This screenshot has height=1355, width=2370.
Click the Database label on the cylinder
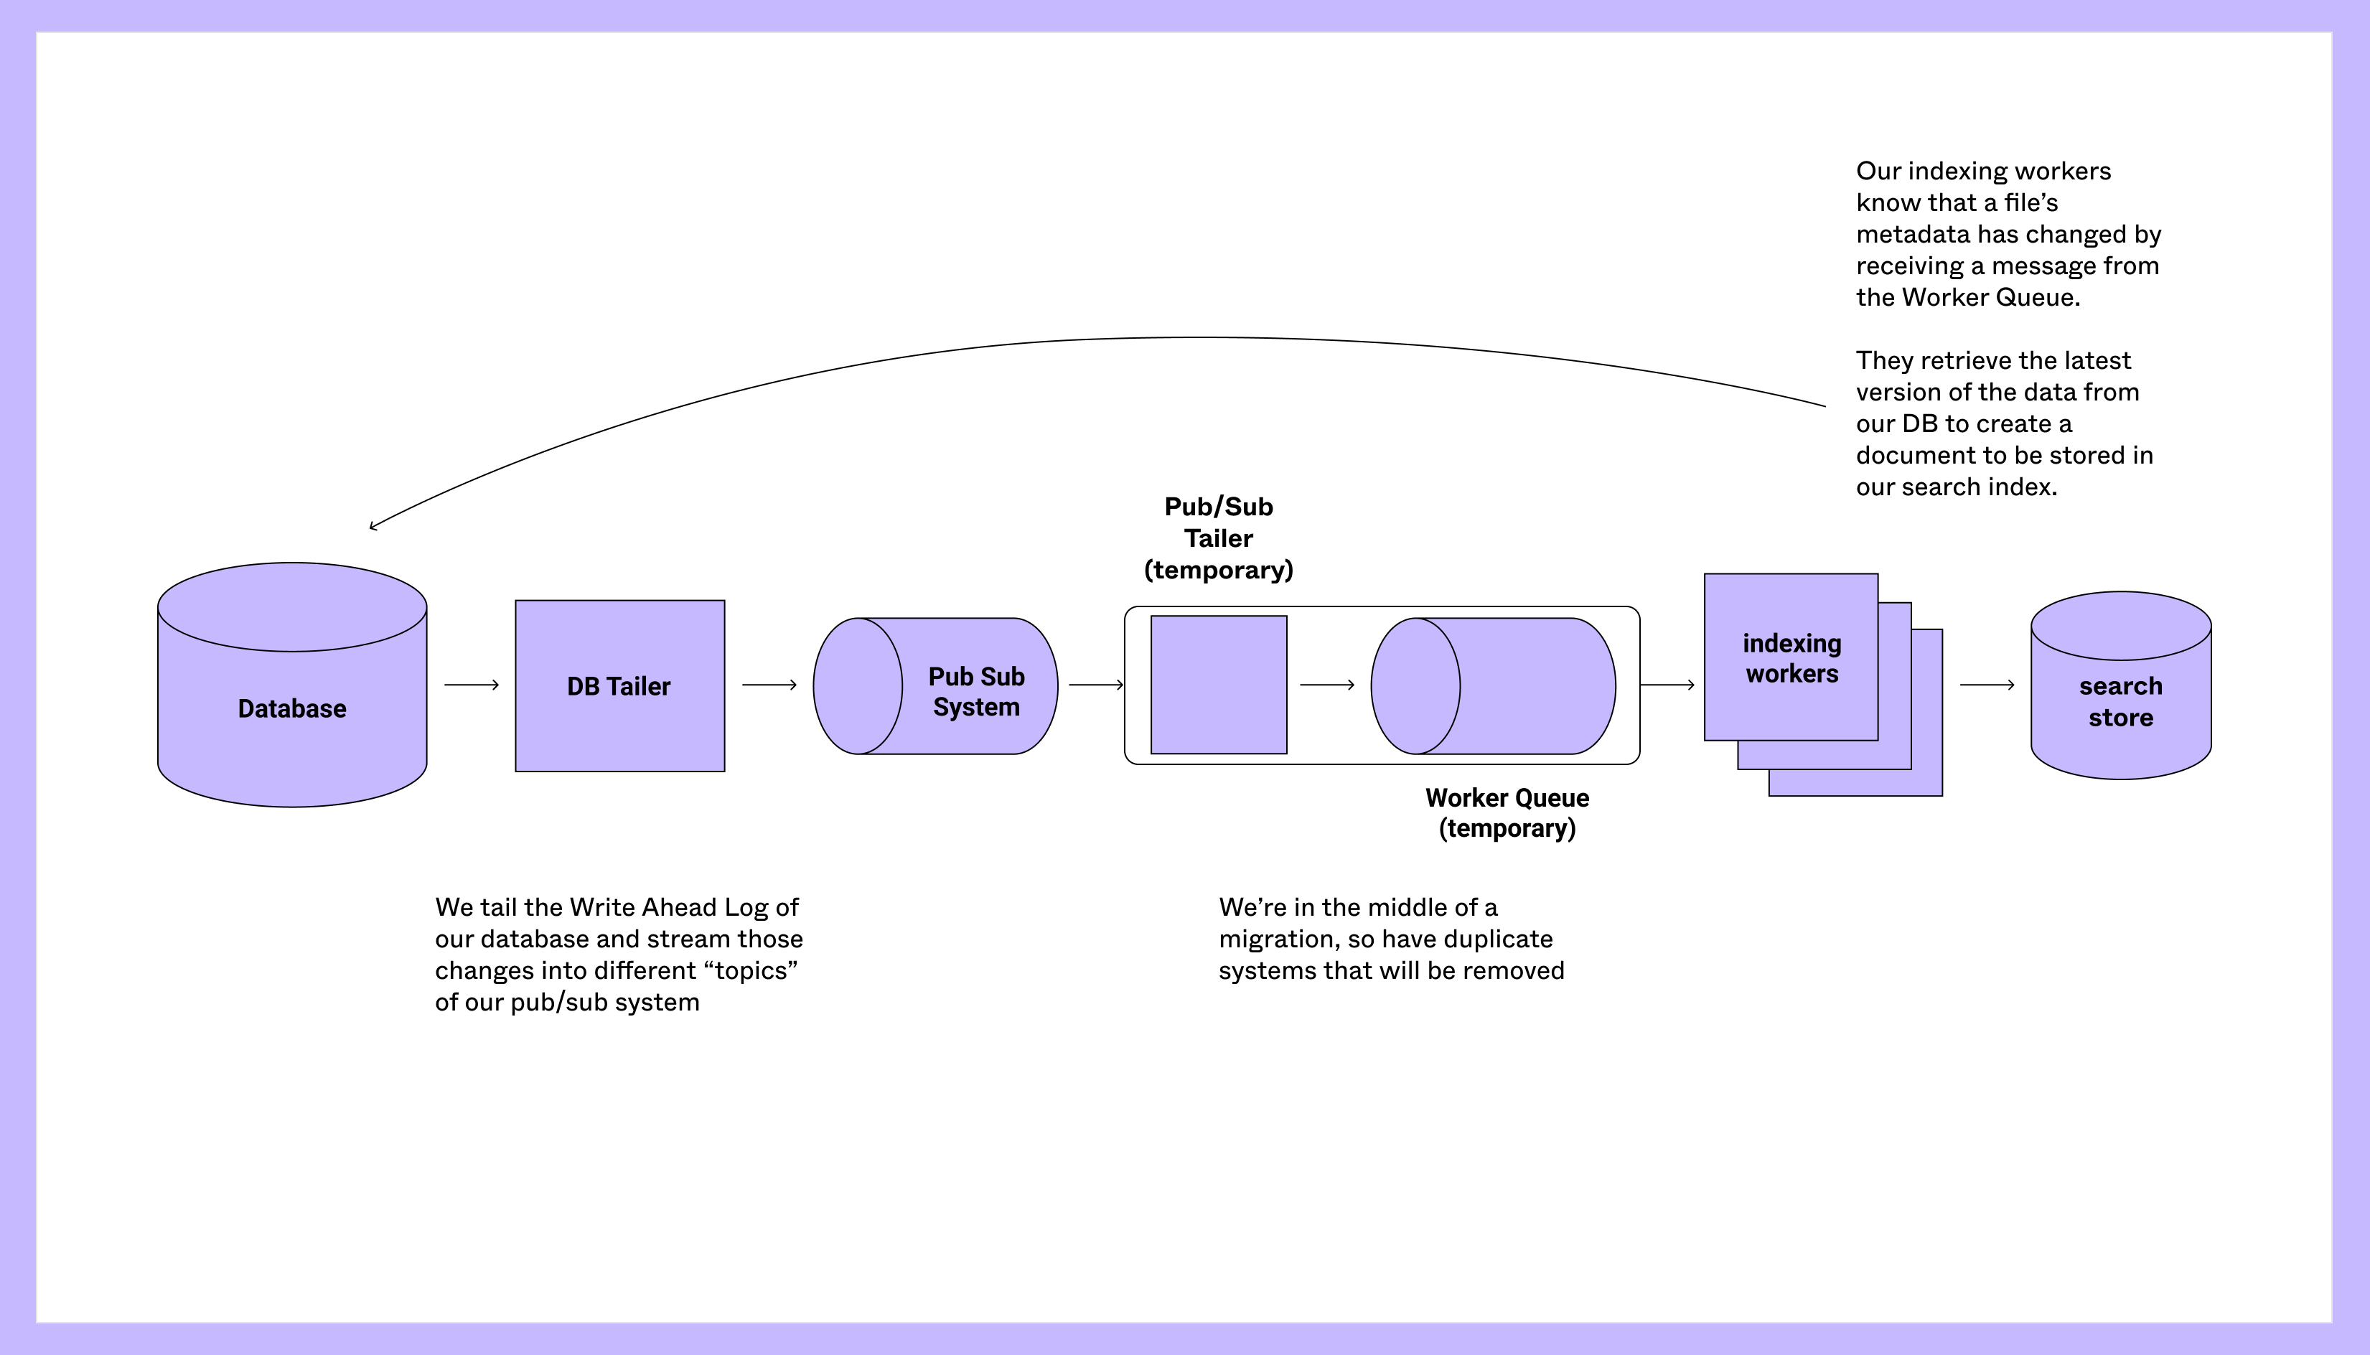pyautogui.click(x=291, y=708)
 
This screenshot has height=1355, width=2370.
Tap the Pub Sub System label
pyautogui.click(x=976, y=691)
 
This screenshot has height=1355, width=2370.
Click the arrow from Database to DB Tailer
pyautogui.click(x=471, y=685)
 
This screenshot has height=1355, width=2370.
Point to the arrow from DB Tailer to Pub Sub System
pyautogui.click(x=769, y=685)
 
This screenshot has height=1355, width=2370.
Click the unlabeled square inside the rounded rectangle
pyautogui.click(x=1218, y=685)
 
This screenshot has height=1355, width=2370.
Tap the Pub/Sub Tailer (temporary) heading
pyautogui.click(x=1218, y=538)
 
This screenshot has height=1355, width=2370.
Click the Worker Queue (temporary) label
pyautogui.click(x=1507, y=812)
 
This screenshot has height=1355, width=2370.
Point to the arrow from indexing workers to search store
pyautogui.click(x=1987, y=685)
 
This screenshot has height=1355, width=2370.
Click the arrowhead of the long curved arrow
pyautogui.click(x=373, y=527)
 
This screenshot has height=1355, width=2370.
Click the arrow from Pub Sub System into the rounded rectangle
pyautogui.click(x=1095, y=685)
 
